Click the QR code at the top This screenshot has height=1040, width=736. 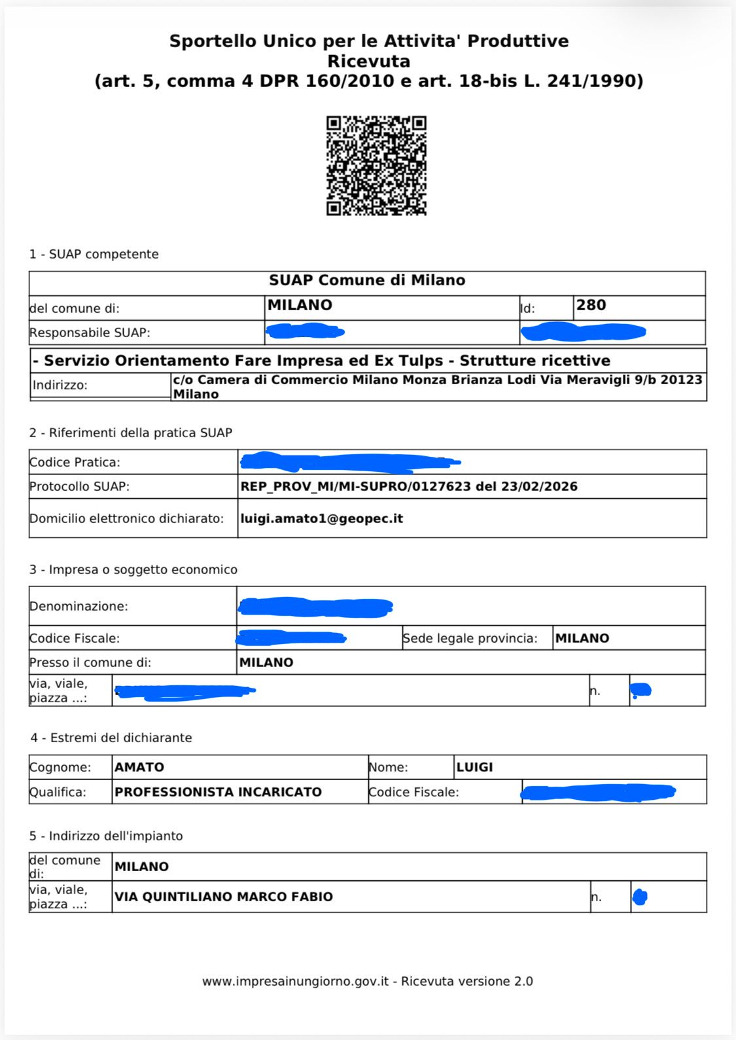[376, 166]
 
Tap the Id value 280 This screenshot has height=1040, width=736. [591, 305]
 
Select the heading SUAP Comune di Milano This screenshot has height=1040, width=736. [367, 280]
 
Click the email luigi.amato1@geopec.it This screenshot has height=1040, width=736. [321, 518]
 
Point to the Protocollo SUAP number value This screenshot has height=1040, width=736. [409, 486]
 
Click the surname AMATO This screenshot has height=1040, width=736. [139, 767]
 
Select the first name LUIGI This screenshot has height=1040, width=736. [474, 767]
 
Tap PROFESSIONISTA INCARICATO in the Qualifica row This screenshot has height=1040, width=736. [218, 792]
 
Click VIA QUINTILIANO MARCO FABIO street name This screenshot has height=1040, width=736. [224, 897]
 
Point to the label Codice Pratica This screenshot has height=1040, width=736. [75, 462]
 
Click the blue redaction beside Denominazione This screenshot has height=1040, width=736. [315, 607]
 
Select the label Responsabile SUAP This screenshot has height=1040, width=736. [90, 332]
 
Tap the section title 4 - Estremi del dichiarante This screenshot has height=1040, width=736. [111, 738]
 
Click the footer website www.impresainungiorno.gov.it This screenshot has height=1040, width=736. [295, 981]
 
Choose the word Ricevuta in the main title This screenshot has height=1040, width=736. [368, 62]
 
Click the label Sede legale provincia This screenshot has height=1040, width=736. [470, 638]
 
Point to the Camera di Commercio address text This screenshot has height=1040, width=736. [437, 386]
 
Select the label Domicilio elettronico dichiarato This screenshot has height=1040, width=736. [126, 518]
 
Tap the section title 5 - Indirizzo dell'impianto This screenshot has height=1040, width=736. [106, 836]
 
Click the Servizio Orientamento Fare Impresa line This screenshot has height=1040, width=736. [326, 361]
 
